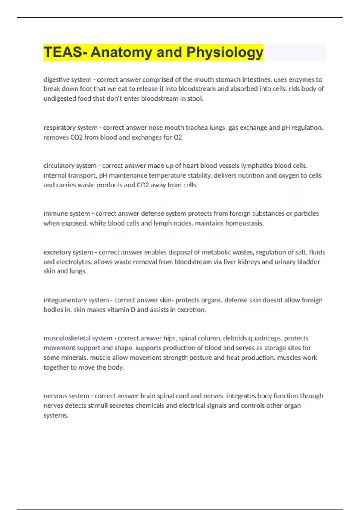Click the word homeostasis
click(244, 223)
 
